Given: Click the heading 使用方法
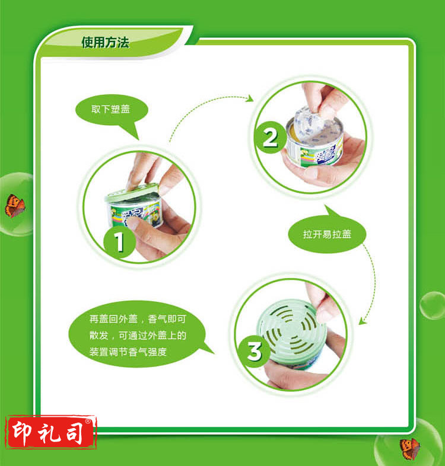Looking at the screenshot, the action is (105, 42).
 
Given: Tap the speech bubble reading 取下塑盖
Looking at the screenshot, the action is (112, 111).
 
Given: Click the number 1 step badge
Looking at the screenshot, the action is (119, 242).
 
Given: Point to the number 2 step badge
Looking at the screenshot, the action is (270, 138).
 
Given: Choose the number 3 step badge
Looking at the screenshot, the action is (255, 351).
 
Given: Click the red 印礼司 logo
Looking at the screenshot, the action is (51, 432).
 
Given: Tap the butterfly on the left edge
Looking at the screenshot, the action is (15, 206).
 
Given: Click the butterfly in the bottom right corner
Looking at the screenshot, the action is (410, 449).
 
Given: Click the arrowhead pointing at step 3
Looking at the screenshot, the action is (363, 321).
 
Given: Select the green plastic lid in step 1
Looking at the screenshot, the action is (132, 193).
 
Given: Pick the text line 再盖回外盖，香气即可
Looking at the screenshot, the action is (138, 319).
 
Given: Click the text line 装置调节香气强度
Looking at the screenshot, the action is (128, 352).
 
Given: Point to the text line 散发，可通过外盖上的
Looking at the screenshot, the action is (138, 336).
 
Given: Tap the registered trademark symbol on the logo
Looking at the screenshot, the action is (88, 421).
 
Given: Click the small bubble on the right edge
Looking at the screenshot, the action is (432, 305).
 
